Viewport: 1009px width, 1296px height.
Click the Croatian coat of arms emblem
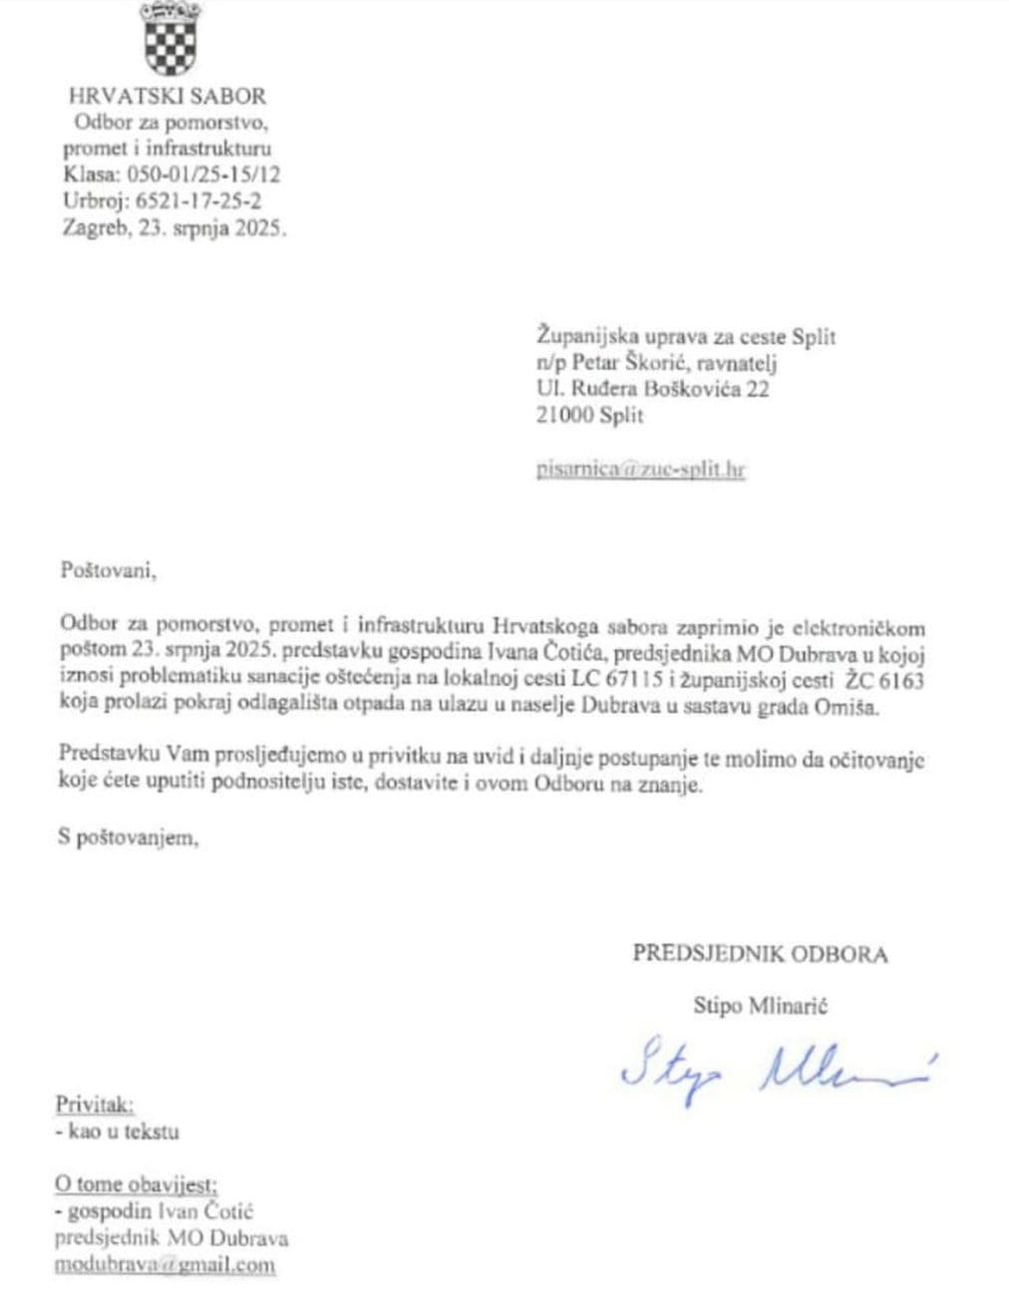pyautogui.click(x=168, y=40)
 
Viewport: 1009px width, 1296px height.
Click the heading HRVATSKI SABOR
pyautogui.click(x=168, y=97)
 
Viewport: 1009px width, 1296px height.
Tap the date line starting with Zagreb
pyautogui.click(x=173, y=226)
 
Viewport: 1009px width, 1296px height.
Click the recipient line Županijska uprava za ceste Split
pyautogui.click(x=685, y=337)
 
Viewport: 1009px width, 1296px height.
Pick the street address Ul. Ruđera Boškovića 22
pyautogui.click(x=652, y=389)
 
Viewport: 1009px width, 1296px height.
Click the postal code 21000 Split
pyautogui.click(x=589, y=416)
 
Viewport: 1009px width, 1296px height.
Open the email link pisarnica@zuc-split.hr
pyautogui.click(x=640, y=469)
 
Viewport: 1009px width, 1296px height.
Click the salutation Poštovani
pyautogui.click(x=109, y=571)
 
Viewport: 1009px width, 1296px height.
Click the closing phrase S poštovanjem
pyautogui.click(x=128, y=838)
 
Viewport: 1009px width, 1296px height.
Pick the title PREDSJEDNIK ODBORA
pyautogui.click(x=760, y=954)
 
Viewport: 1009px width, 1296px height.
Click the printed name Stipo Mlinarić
pyautogui.click(x=760, y=1006)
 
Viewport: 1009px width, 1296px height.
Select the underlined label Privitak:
pyautogui.click(x=95, y=1105)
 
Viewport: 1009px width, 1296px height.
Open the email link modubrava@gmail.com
pyautogui.click(x=165, y=1265)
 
